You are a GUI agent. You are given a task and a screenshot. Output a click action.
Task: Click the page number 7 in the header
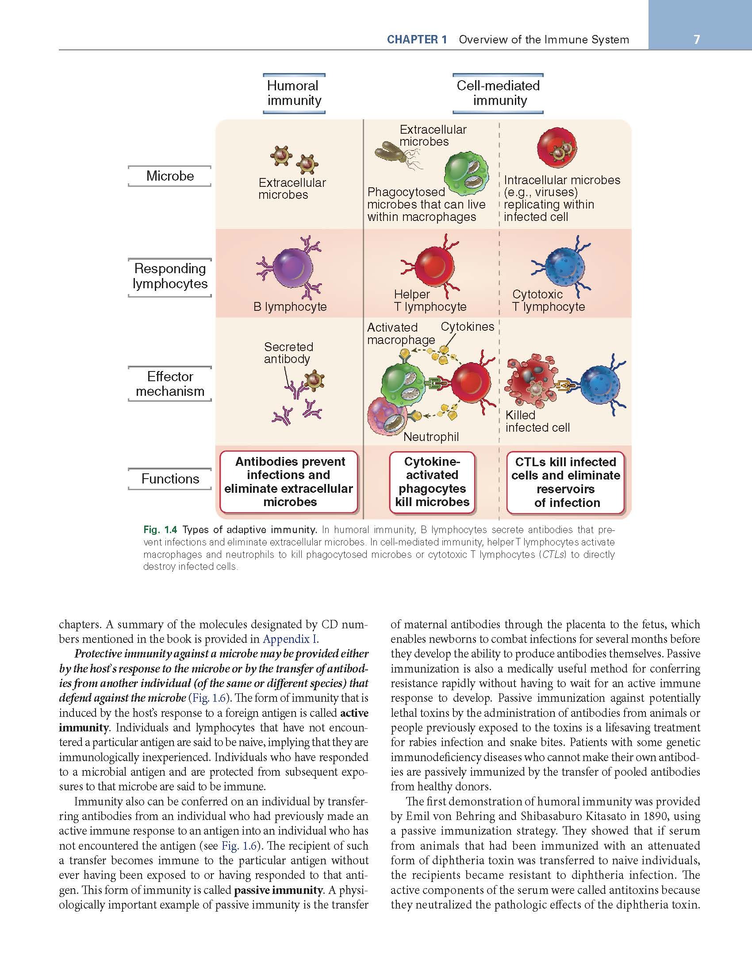tap(697, 39)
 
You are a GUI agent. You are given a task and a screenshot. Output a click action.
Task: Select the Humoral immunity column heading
tap(294, 93)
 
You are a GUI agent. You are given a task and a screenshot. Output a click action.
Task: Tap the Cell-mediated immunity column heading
tap(498, 93)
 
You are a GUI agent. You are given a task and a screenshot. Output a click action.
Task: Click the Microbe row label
tap(170, 176)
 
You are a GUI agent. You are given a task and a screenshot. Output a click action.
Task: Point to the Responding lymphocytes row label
tap(170, 276)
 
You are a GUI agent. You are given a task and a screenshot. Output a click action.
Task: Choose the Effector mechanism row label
tap(170, 383)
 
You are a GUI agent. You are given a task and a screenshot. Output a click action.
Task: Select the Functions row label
tap(170, 479)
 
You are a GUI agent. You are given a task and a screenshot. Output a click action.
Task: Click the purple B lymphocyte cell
tap(292, 267)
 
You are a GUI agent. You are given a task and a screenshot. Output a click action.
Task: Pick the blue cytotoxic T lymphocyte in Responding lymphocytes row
tap(566, 267)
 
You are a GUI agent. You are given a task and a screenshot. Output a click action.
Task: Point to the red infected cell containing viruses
tap(557, 148)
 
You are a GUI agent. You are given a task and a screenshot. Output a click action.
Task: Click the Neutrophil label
tap(431, 437)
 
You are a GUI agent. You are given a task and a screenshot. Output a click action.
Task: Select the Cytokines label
tap(467, 327)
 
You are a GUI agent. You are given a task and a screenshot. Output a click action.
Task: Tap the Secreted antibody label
tap(288, 353)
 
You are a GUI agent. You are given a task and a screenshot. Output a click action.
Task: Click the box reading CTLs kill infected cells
tap(565, 482)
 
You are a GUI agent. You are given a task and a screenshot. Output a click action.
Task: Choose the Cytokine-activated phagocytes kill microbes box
tap(432, 482)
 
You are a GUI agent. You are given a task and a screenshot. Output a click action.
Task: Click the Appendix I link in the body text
tap(290, 639)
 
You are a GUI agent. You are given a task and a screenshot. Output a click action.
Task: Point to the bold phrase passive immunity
tap(279, 890)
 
